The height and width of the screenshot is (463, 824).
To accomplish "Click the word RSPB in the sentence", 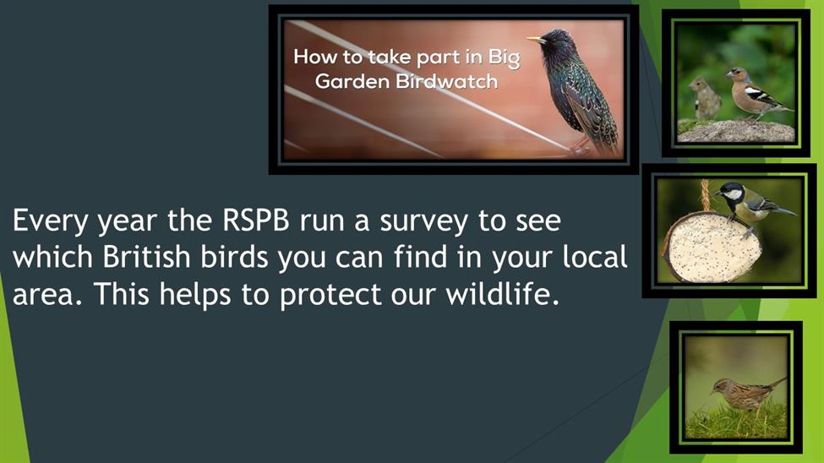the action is [x=255, y=221].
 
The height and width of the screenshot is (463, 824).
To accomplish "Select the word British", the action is [x=146, y=257].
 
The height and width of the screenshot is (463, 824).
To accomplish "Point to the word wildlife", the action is [x=502, y=294].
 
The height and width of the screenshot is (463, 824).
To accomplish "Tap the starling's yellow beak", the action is [x=536, y=40].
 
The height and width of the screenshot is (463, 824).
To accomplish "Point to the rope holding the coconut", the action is [x=705, y=196].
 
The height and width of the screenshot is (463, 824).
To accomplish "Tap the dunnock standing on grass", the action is [x=747, y=395].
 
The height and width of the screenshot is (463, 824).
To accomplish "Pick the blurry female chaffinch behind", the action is [x=705, y=98].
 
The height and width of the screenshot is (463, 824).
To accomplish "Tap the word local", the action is [x=595, y=257].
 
